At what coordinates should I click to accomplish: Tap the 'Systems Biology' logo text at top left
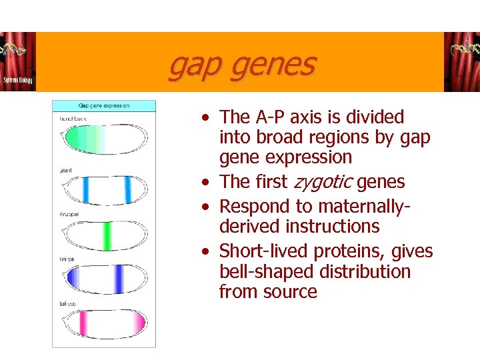[x=17, y=79]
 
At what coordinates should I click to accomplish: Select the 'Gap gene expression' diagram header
[x=104, y=105]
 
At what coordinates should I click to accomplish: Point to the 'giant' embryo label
[x=65, y=170]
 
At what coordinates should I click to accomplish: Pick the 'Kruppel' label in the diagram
[x=69, y=214]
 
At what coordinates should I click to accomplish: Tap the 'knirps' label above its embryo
[x=67, y=259]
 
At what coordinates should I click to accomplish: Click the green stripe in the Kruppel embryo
[x=107, y=235]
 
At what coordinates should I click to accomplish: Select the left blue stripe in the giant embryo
[x=85, y=190]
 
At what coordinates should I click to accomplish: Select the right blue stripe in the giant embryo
[x=127, y=190]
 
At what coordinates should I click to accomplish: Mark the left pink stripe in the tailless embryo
[x=84, y=323]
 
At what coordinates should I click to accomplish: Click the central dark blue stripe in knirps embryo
[x=119, y=279]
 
